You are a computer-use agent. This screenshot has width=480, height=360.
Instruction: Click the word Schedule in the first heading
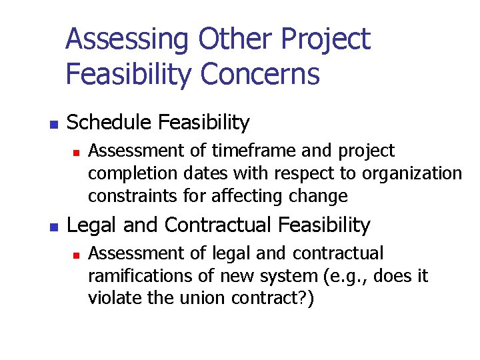(x=109, y=123)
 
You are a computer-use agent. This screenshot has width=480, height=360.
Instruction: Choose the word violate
(x=110, y=298)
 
